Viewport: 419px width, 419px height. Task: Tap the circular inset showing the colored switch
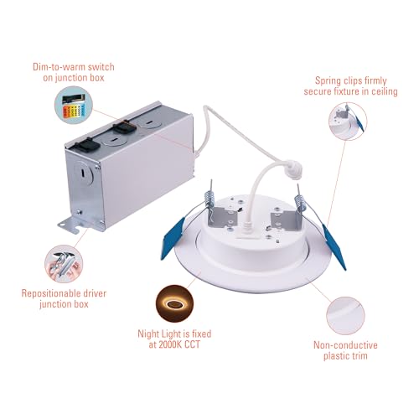coord(74,105)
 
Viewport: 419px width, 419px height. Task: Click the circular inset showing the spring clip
coord(348,122)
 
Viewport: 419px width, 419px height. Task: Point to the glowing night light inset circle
coord(174,303)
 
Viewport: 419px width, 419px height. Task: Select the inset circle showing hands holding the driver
coord(64,264)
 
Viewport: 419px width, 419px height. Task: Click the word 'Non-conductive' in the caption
coord(345,345)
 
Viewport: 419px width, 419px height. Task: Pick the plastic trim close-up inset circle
coord(345,316)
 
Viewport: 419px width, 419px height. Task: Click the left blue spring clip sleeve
coord(173,238)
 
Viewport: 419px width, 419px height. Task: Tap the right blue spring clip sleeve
coord(334,246)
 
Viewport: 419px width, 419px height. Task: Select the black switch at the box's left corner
coord(87,144)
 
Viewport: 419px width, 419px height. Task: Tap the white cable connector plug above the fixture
coord(293,169)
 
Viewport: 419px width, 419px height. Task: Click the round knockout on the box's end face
coord(84,173)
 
